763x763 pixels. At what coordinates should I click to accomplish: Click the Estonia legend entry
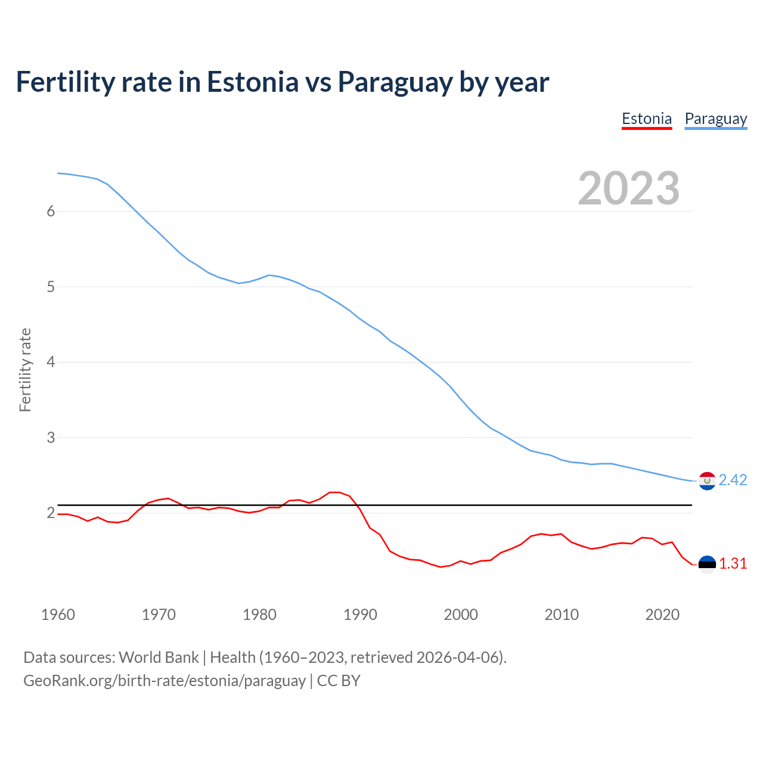(x=647, y=119)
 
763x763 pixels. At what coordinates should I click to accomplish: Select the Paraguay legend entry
(x=716, y=119)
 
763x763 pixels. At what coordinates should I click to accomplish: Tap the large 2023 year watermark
(x=629, y=188)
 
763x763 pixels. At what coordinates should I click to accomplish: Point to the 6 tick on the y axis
(x=51, y=212)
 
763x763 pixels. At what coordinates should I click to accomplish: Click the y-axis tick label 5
(x=51, y=287)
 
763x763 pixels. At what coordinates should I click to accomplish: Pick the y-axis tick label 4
(x=51, y=362)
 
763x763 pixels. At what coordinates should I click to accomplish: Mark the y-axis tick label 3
(x=51, y=438)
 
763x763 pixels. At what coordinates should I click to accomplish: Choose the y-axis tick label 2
(x=51, y=513)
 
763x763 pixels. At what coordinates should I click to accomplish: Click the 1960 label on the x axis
(x=58, y=615)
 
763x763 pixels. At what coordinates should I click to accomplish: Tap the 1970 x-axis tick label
(x=159, y=615)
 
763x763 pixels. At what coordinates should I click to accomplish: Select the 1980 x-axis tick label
(x=259, y=615)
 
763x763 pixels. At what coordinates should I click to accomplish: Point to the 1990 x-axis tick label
(x=360, y=615)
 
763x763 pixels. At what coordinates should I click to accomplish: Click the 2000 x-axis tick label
(x=461, y=615)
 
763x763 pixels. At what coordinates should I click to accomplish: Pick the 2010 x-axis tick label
(x=562, y=615)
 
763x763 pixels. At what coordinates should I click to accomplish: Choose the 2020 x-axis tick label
(x=662, y=615)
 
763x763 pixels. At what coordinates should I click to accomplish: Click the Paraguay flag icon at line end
(x=707, y=480)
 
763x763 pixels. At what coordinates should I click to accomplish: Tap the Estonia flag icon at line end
(x=707, y=565)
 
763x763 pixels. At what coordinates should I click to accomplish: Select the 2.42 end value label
(x=733, y=480)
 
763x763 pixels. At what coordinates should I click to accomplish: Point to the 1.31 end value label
(x=733, y=564)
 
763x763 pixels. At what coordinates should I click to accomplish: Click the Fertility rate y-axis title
(x=25, y=370)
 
